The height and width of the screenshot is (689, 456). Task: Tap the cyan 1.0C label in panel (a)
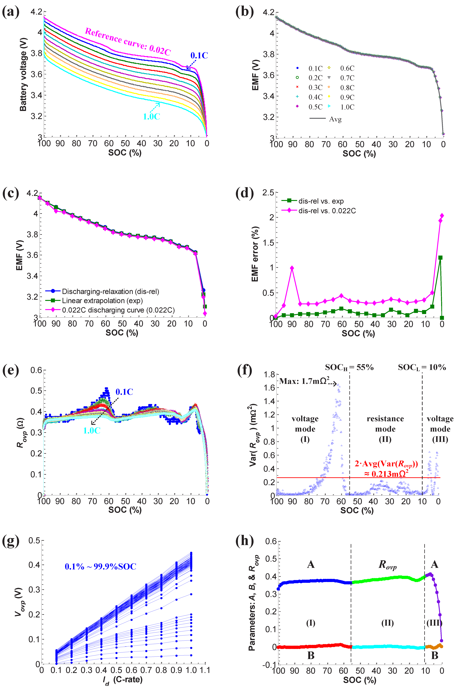click(152, 117)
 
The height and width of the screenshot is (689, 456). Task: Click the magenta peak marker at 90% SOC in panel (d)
click(292, 268)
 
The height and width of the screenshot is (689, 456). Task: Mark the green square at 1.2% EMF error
click(440, 258)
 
